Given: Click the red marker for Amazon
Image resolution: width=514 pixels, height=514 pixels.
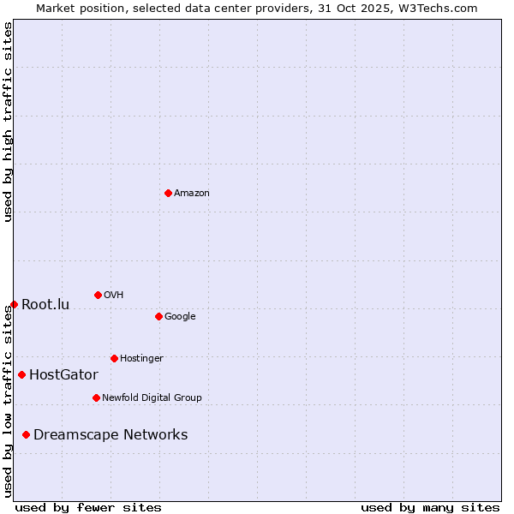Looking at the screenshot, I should [x=168, y=193].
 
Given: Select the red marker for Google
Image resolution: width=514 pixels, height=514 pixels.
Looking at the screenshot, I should [x=158, y=316].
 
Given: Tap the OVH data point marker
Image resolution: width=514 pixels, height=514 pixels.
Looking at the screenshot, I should [x=98, y=295].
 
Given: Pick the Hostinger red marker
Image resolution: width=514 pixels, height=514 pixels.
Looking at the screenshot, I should [x=114, y=358].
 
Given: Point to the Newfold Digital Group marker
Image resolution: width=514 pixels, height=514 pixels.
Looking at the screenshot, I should [x=96, y=397].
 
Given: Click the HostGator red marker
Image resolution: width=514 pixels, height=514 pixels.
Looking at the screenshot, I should [x=21, y=374].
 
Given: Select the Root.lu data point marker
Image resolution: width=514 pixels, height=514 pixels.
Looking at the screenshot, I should [x=14, y=304].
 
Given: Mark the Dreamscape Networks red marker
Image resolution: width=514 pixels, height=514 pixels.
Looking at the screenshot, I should [x=26, y=434].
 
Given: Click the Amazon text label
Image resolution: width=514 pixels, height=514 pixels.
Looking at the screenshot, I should [x=192, y=194].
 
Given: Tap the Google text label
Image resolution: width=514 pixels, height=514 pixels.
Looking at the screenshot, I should [x=180, y=317].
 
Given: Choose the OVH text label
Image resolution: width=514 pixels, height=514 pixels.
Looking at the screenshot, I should [x=114, y=296].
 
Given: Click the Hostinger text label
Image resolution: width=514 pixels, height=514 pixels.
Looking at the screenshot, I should [x=141, y=359].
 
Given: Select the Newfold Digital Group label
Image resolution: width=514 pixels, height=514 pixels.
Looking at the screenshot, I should [x=152, y=398].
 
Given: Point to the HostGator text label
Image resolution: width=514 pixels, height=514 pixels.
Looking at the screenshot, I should [x=63, y=375].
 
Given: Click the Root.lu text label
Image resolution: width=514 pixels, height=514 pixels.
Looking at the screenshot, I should [x=45, y=305].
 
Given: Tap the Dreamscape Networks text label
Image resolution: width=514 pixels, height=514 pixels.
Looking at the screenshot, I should [x=111, y=435].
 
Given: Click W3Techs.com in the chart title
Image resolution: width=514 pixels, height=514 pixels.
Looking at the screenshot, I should [x=434, y=9].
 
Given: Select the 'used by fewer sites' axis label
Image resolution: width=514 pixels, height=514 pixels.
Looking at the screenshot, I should [x=88, y=507].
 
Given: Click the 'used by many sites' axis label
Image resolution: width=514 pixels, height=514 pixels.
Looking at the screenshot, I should [x=430, y=507].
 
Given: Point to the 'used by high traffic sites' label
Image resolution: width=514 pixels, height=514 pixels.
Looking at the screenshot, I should [x=9, y=122].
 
